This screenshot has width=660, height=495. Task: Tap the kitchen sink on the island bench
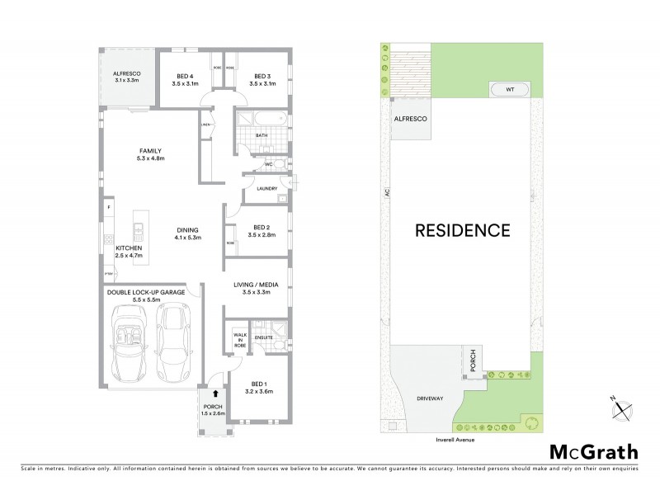pyautogui.click(x=139, y=229)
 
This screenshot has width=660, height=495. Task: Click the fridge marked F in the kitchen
pyautogui.click(x=108, y=206)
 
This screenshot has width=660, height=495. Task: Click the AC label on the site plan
pyautogui.click(x=386, y=195)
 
